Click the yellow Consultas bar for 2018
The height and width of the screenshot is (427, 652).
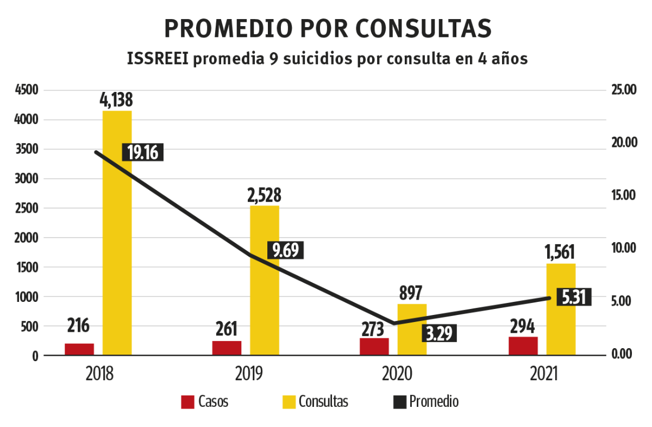tap(117, 234)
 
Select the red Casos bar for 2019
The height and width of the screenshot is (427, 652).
tap(227, 348)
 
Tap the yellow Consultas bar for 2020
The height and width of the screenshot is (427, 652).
tap(412, 330)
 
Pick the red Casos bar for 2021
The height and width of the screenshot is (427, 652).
tap(523, 346)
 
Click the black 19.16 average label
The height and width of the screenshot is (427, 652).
tap(143, 152)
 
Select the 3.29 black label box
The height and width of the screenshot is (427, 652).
tap(439, 333)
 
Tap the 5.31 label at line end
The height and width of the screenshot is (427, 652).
tap(574, 298)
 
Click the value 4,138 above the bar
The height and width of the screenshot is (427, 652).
tap(116, 100)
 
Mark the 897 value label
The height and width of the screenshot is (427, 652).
tap(411, 293)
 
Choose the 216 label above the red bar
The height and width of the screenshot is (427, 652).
tap(79, 326)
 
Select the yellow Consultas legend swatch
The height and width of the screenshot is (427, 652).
tap(289, 402)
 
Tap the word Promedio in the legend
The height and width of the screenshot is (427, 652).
tap(434, 402)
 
